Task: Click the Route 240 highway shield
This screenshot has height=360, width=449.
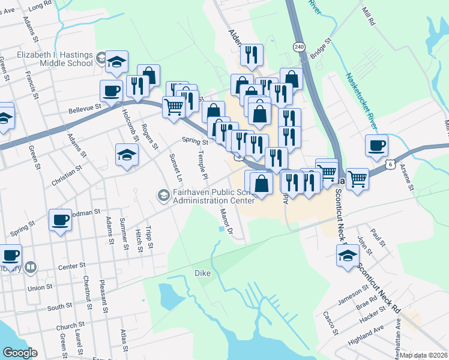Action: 298,47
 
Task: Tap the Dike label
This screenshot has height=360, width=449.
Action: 202,273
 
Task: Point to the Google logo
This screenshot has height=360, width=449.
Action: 20,353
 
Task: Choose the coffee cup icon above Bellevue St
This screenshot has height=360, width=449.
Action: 112,91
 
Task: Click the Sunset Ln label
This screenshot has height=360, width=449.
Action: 175,168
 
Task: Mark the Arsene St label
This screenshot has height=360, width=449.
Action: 407,178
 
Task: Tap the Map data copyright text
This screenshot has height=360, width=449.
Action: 424,355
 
